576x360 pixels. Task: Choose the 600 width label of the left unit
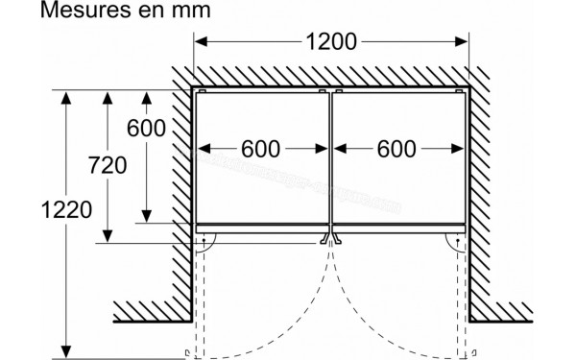click(x=260, y=149)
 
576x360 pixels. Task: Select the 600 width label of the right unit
click(x=396, y=149)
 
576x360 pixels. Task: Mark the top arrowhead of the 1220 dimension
click(x=64, y=96)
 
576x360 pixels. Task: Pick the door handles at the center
click(x=331, y=237)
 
